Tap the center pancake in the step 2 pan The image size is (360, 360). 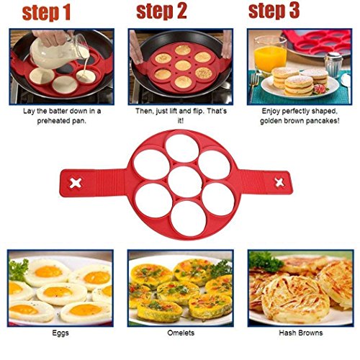(182, 66)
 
